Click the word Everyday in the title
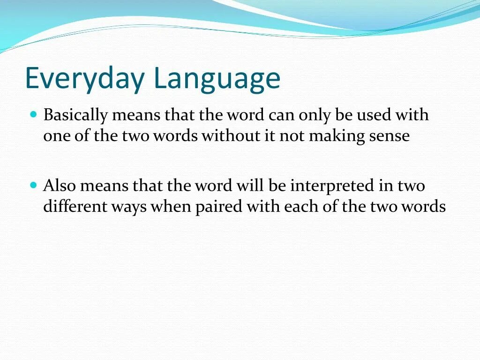(84, 78)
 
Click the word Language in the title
(217, 78)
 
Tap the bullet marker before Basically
(33, 114)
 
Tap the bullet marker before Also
(33, 185)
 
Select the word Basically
(75, 115)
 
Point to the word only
(314, 115)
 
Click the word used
(375, 115)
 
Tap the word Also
(60, 186)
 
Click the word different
(75, 207)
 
